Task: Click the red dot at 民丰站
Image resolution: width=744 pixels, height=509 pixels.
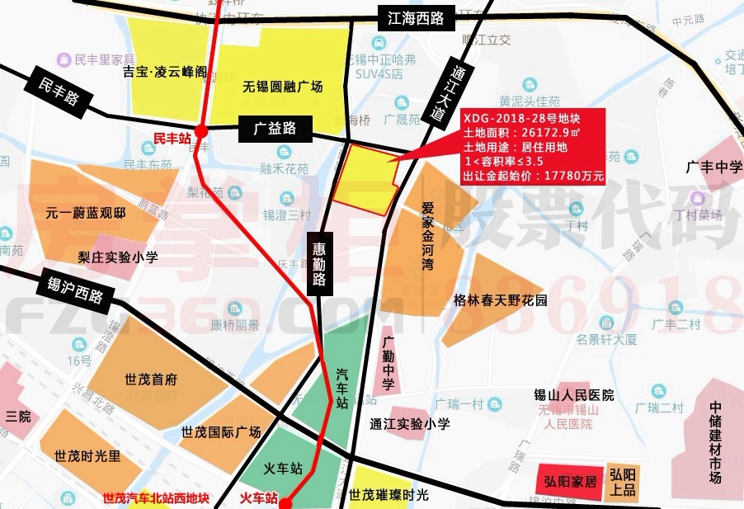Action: click(201, 130)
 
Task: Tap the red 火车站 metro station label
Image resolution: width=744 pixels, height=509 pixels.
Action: click(259, 498)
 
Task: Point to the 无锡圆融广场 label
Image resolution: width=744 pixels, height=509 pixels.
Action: click(282, 87)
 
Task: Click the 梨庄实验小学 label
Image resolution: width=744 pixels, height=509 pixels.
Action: click(118, 257)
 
